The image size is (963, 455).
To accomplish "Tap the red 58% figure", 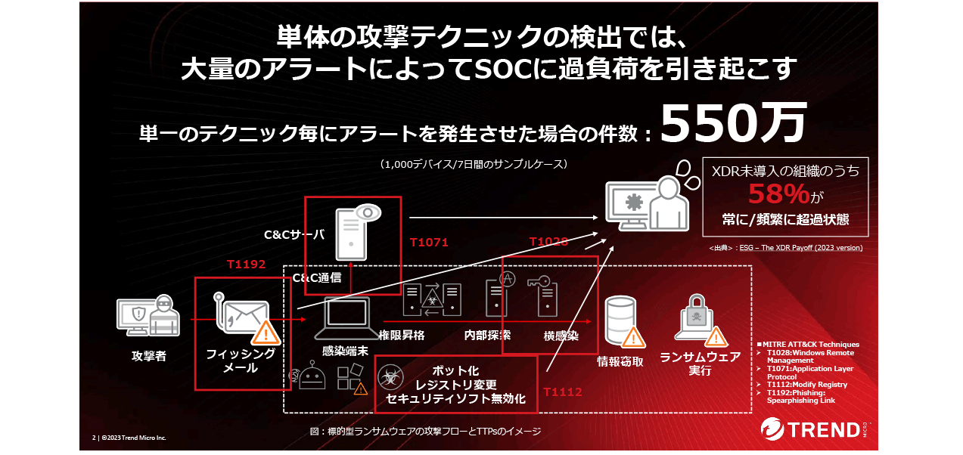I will coord(778,195).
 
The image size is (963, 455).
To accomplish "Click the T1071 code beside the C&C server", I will coord(429,243).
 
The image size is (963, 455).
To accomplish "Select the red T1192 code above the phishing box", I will coord(247,266).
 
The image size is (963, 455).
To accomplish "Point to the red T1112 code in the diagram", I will coord(563,392).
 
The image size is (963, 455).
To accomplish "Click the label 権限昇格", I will coord(400,335).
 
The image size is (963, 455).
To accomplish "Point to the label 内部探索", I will coord(487,335).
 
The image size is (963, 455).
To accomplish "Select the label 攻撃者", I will coord(148,356).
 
